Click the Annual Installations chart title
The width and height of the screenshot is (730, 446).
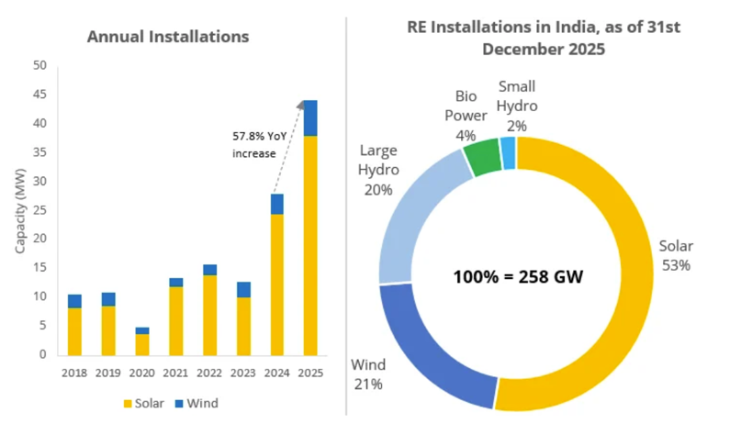click(168, 38)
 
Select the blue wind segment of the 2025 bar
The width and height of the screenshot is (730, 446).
click(310, 117)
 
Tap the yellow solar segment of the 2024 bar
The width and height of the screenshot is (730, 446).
click(276, 284)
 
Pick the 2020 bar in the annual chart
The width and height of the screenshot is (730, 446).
click(142, 341)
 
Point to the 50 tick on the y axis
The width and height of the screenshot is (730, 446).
click(39, 66)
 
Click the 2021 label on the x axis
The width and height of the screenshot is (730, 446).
click(176, 374)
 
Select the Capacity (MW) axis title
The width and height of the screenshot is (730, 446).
click(20, 210)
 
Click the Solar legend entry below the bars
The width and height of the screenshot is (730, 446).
click(146, 402)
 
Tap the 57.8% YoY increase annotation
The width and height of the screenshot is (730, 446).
click(253, 144)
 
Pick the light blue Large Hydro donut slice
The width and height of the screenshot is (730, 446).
click(413, 220)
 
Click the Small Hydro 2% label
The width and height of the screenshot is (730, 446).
click(517, 106)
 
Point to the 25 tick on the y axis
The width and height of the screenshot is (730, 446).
click(39, 210)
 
